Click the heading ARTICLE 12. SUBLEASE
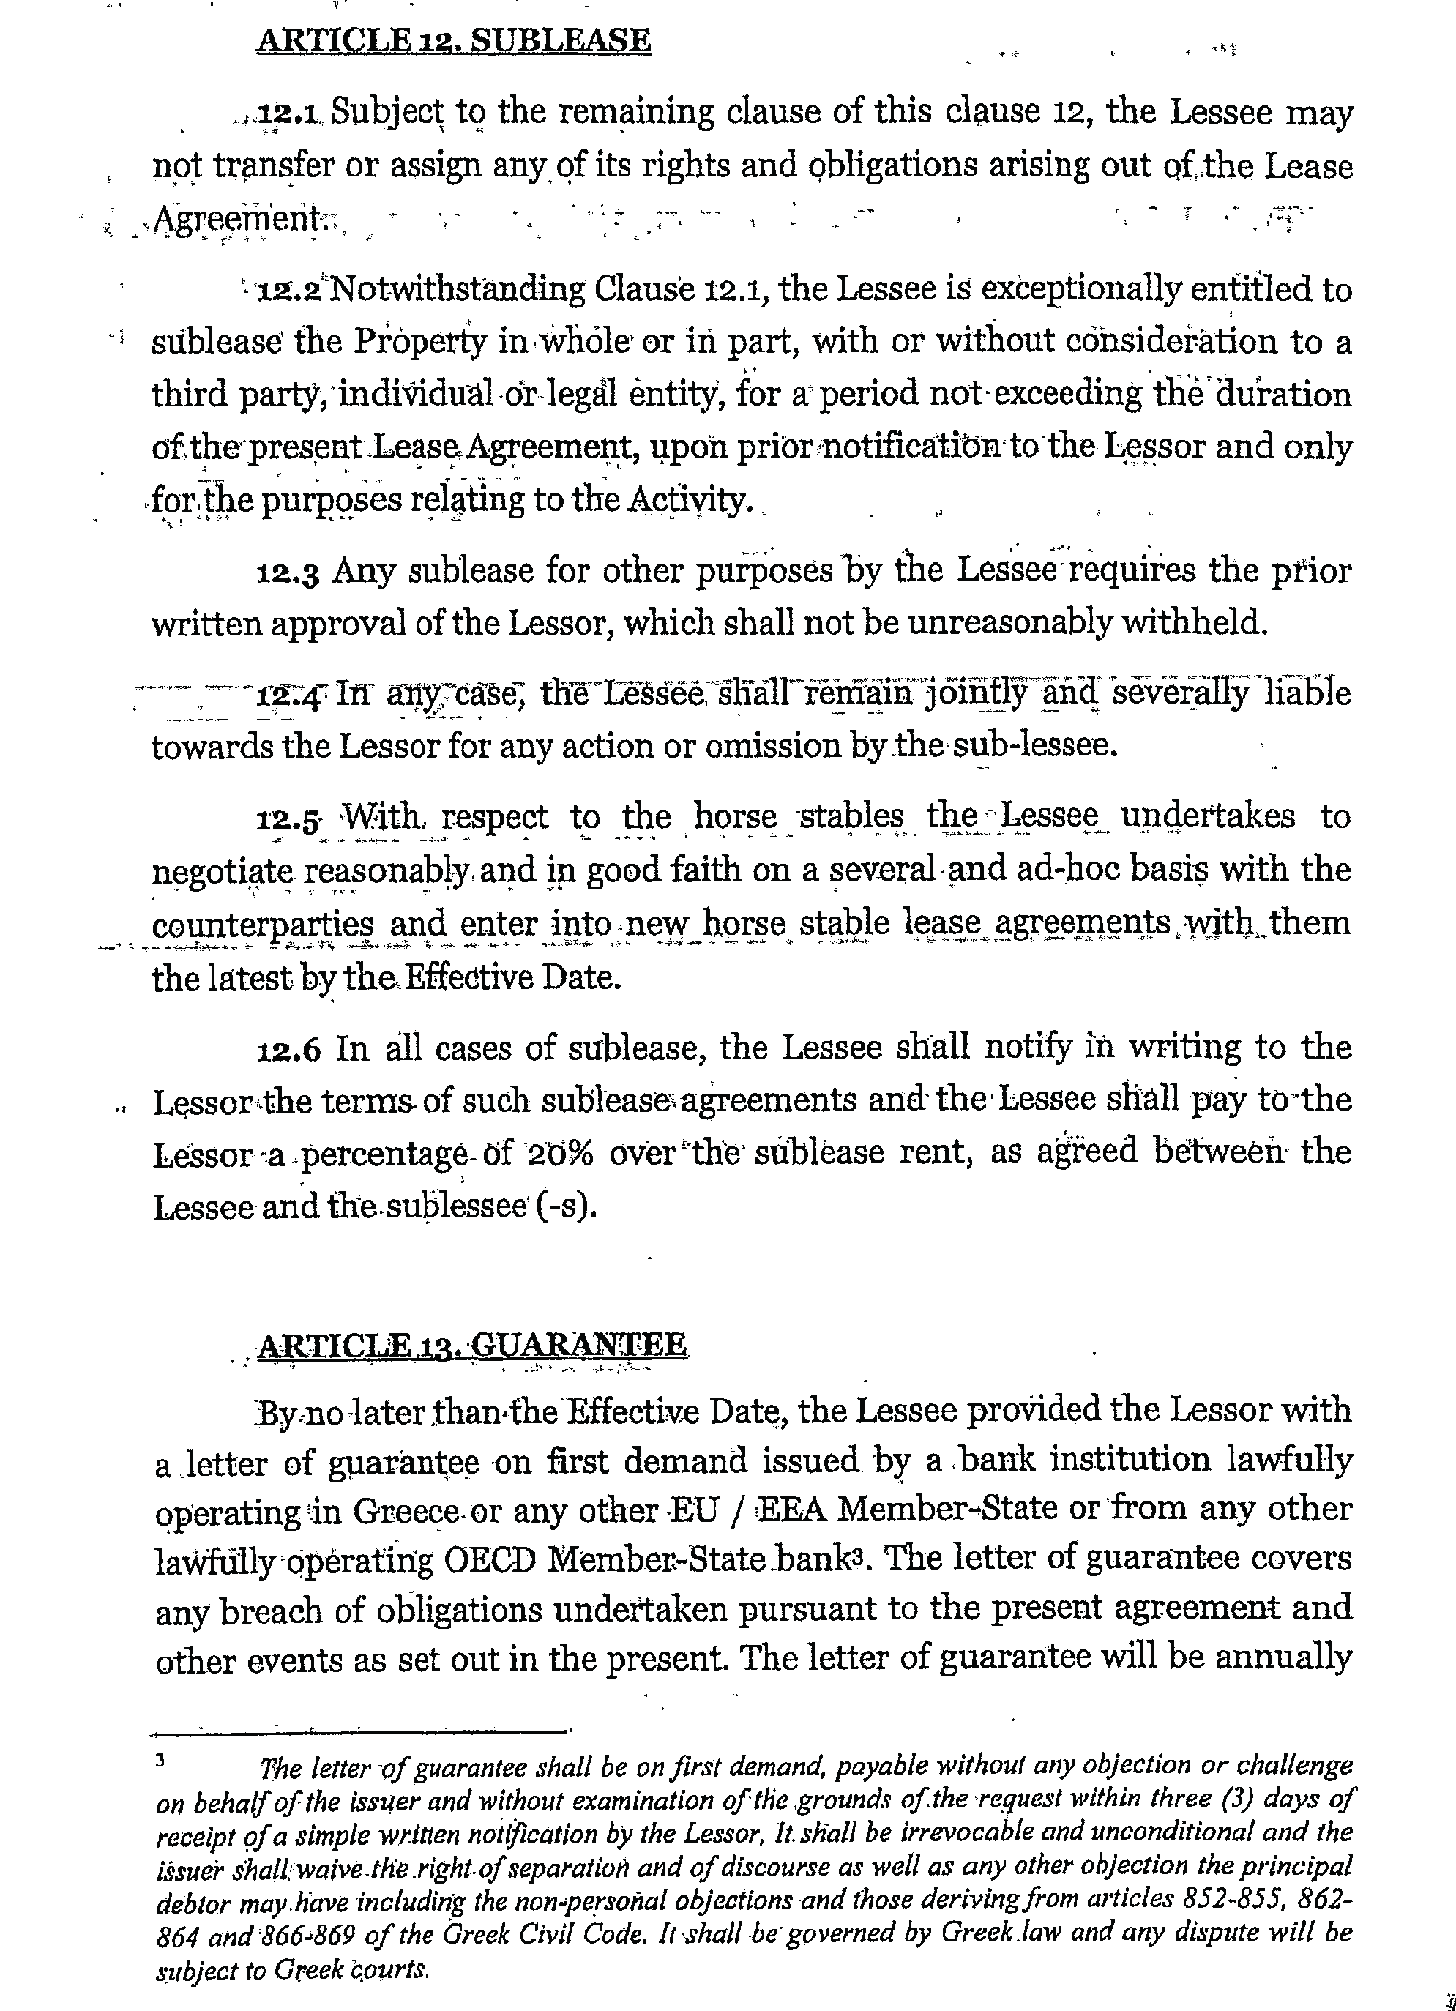(x=453, y=41)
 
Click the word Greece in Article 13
(x=406, y=1511)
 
